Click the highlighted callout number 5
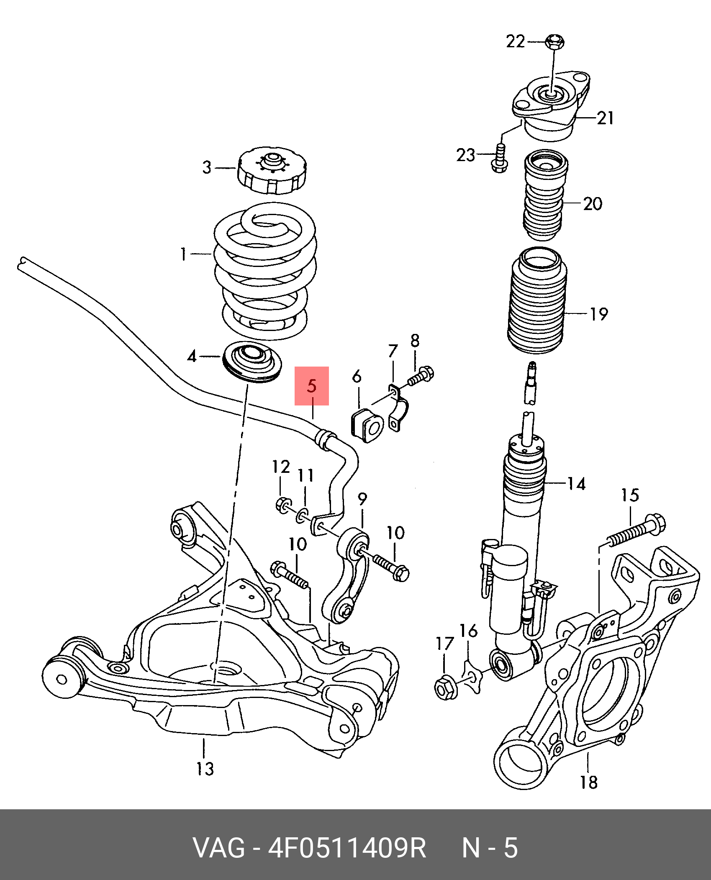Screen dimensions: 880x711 tap(312, 386)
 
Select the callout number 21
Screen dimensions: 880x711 tap(605, 118)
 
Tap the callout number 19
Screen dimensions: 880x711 tap(598, 313)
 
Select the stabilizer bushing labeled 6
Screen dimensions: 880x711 tap(367, 425)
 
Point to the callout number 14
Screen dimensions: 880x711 tap(576, 484)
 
